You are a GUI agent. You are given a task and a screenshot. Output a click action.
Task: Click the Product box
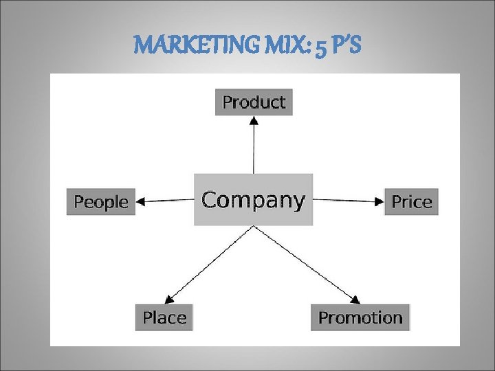coord(254,102)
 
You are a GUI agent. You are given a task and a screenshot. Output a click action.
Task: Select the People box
coord(101,202)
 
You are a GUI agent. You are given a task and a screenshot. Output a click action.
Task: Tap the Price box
coord(411,202)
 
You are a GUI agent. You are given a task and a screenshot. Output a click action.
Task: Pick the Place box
coord(164,317)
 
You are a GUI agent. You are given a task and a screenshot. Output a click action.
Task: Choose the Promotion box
coord(360,317)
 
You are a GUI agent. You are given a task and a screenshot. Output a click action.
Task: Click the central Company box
coord(253,199)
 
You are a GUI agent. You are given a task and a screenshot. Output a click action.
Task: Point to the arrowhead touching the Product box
coord(254,120)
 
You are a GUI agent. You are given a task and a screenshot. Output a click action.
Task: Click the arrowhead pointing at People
coord(142,201)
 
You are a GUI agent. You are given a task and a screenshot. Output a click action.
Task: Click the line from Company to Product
coord(254,148)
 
